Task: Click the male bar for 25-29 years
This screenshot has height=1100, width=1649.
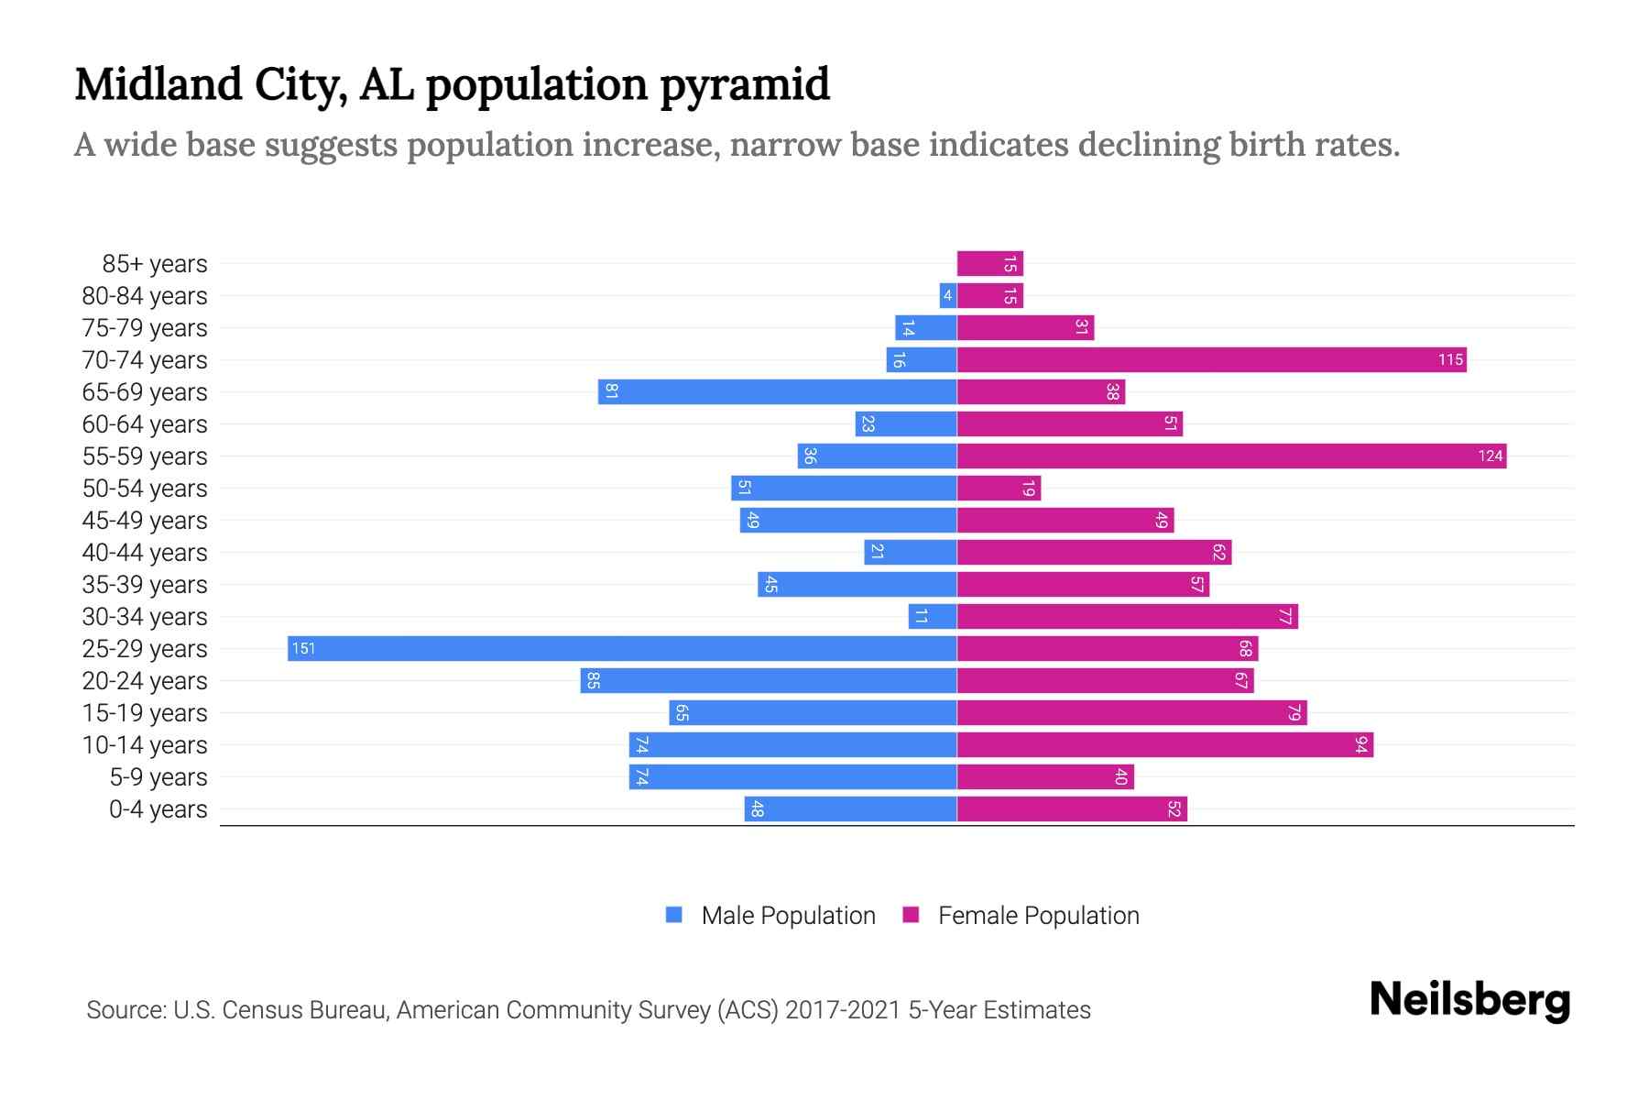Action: click(x=622, y=649)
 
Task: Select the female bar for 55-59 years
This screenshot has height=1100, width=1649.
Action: click(x=1231, y=456)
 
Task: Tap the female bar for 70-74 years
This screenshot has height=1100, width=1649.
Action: click(x=1211, y=360)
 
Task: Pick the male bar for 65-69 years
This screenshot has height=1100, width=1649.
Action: click(x=778, y=392)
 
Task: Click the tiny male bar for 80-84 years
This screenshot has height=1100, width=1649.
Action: click(x=948, y=296)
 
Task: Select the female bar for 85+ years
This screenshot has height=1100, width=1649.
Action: click(x=989, y=264)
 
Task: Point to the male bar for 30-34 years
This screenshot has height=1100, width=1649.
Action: click(x=933, y=617)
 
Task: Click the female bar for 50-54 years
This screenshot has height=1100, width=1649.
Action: click(x=999, y=489)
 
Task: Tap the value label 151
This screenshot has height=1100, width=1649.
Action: click(x=303, y=649)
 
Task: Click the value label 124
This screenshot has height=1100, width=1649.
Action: click(x=1490, y=456)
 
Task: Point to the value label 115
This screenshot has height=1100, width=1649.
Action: click(x=1450, y=360)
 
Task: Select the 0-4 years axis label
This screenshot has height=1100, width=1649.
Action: click(x=158, y=809)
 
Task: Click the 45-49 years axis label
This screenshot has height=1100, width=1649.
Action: click(x=145, y=521)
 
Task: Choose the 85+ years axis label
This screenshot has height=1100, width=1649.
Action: click(x=155, y=264)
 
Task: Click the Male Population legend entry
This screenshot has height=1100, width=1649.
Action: click(x=788, y=916)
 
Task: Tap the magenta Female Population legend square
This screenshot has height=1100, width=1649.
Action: click(x=911, y=915)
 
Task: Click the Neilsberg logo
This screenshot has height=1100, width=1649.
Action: click(x=1469, y=1000)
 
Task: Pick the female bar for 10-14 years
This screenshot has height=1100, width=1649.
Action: click(x=1164, y=745)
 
